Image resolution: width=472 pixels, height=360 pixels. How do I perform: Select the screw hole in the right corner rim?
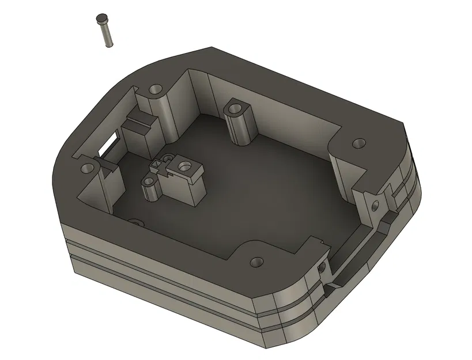click(358, 142)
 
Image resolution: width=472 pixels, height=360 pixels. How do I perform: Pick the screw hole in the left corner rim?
click(88, 168)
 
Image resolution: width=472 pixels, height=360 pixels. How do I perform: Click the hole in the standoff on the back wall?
click(236, 107)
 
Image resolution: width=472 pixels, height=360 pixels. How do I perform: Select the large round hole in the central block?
click(186, 167)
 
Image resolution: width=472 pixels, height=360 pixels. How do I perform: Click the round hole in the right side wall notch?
click(376, 204)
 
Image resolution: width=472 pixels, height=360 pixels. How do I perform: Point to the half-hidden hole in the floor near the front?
click(136, 222)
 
